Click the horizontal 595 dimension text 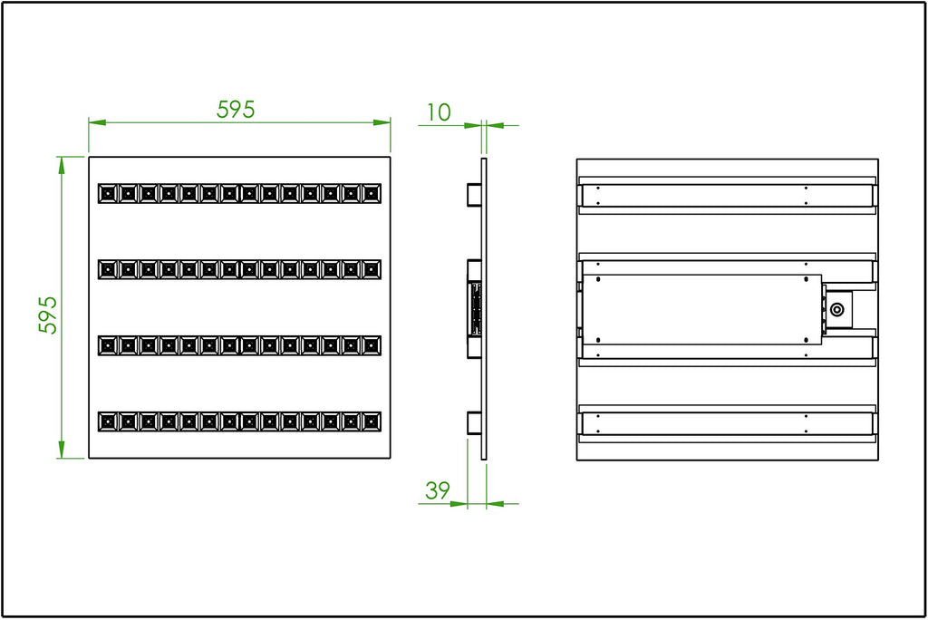click(237, 110)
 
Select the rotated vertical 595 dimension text click(48, 314)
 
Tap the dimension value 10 click(439, 112)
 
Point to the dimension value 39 click(438, 490)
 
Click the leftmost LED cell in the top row click(108, 193)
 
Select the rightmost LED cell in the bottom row click(372, 421)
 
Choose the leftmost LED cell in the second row click(108, 269)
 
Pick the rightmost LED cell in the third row click(372, 345)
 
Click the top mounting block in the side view click(474, 195)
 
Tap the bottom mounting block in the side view click(474, 422)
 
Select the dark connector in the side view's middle click(475, 309)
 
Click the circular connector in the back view click(838, 309)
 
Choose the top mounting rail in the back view click(728, 195)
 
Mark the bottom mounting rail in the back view click(728, 423)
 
